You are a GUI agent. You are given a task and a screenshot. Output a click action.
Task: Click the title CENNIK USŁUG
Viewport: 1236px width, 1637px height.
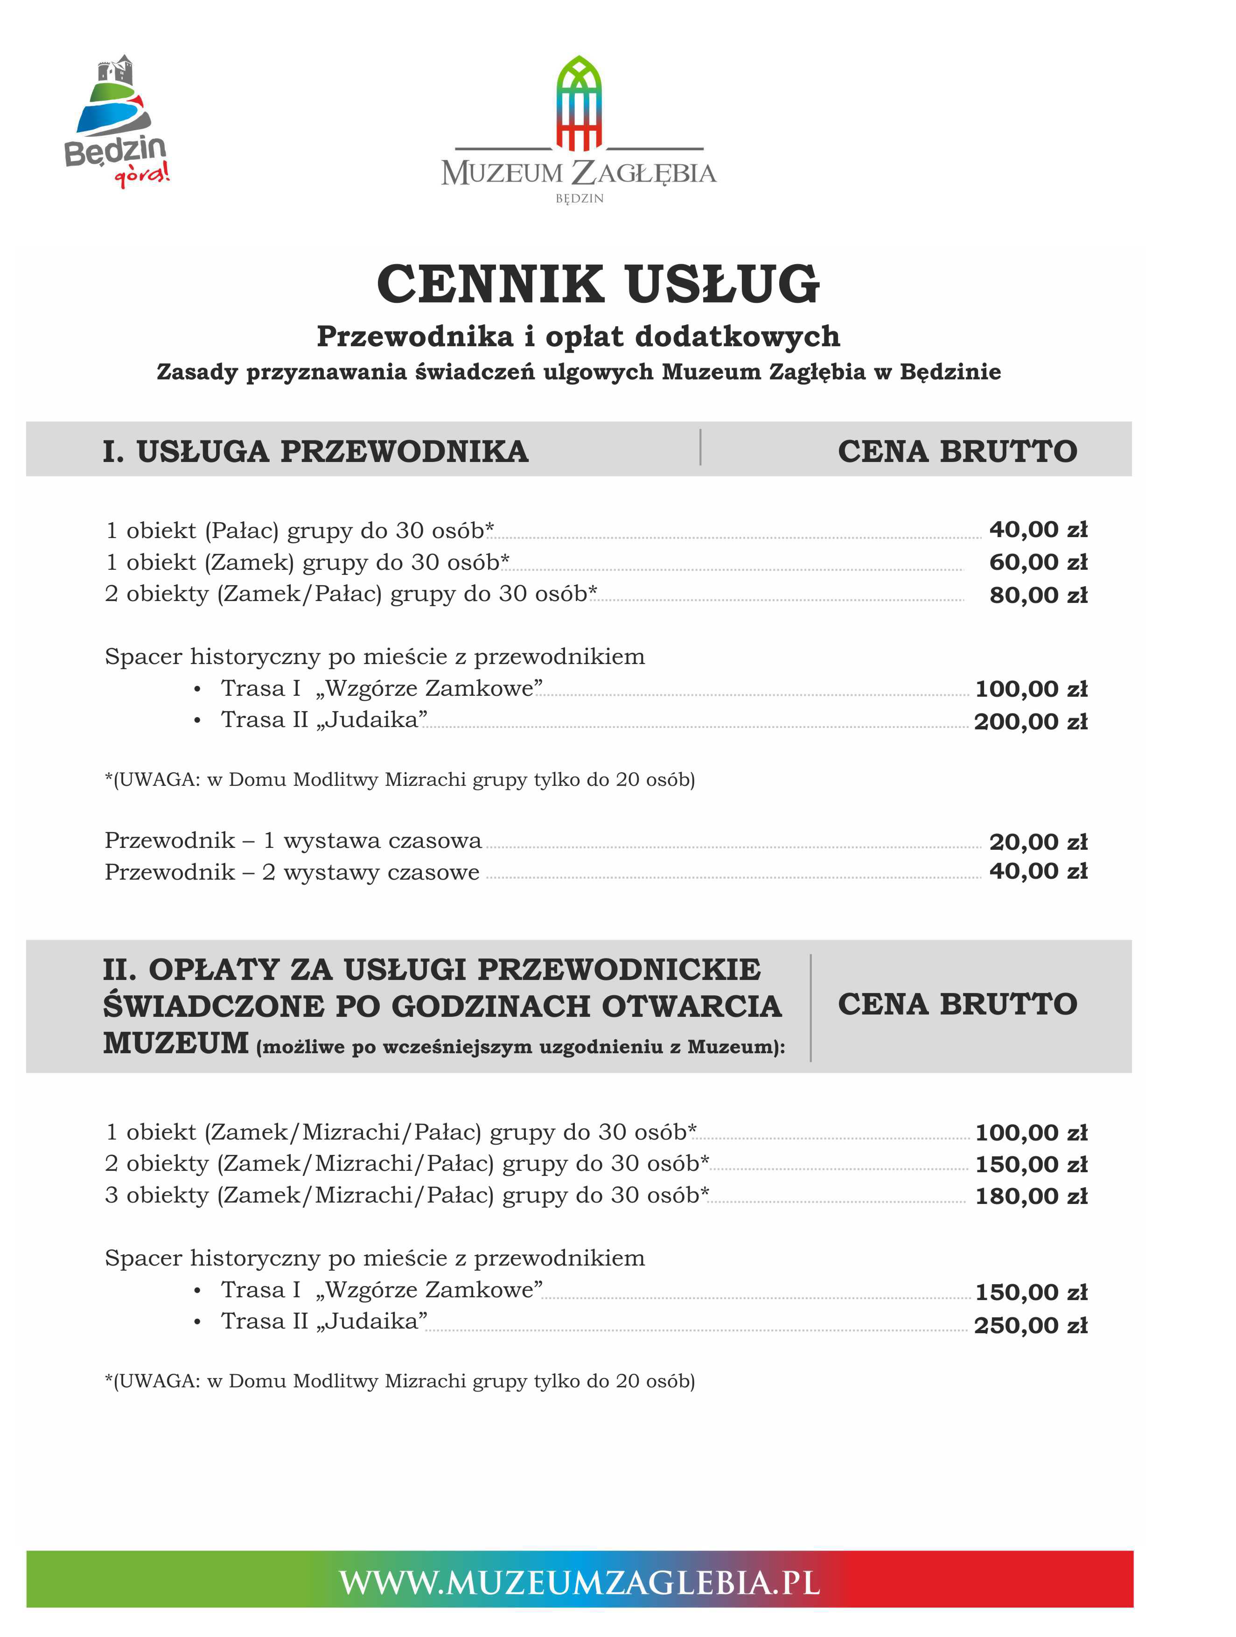(x=598, y=284)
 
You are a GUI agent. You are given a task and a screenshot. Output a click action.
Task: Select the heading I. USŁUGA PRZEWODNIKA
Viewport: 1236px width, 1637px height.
(x=315, y=451)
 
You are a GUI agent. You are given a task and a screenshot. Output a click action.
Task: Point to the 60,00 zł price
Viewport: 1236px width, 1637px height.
(x=1038, y=562)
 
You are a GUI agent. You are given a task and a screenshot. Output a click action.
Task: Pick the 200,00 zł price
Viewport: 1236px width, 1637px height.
(x=1030, y=721)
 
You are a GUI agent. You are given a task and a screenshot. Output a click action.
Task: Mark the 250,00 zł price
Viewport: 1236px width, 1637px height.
(x=1030, y=1325)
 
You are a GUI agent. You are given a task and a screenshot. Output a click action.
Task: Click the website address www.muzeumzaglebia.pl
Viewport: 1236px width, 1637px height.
(x=580, y=1582)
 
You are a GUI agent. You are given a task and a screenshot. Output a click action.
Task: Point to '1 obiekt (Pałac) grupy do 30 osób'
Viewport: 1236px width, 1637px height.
(x=300, y=531)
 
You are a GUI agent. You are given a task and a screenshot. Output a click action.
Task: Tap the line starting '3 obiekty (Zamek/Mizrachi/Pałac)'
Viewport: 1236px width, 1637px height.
(x=407, y=1195)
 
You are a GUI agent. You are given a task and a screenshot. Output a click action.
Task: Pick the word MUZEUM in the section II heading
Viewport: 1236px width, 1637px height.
(x=175, y=1043)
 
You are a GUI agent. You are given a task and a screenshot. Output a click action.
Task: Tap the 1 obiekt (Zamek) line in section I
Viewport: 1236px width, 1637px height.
(x=307, y=562)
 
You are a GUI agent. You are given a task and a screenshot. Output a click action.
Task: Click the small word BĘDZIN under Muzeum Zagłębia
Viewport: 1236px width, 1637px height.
(x=580, y=198)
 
